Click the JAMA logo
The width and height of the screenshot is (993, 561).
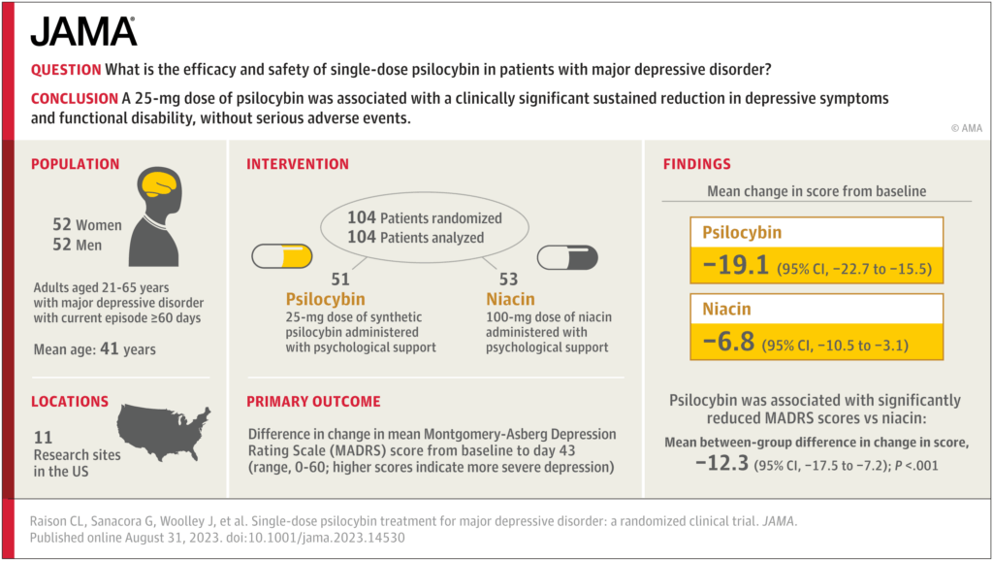(x=84, y=31)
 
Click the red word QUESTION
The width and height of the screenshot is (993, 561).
(x=66, y=70)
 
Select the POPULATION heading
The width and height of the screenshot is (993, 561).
(x=76, y=164)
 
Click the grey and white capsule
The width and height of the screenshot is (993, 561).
(x=568, y=258)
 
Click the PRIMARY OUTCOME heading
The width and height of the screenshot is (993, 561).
(x=313, y=401)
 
